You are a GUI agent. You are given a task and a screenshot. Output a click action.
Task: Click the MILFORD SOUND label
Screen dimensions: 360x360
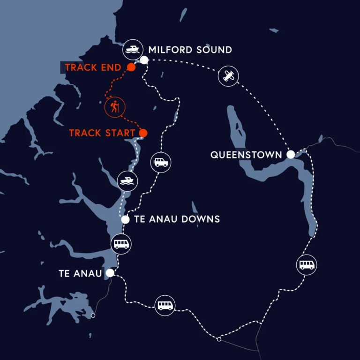point(190,50)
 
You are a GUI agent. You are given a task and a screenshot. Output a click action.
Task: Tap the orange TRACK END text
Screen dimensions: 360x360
point(93,67)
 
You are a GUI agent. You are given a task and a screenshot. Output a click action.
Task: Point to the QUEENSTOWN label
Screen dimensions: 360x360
point(246,155)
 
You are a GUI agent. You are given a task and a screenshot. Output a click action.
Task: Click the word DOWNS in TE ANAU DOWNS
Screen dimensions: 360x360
point(201,219)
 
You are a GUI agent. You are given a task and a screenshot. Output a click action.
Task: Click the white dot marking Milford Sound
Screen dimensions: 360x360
point(144,60)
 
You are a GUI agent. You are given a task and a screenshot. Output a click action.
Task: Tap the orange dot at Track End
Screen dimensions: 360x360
point(132,67)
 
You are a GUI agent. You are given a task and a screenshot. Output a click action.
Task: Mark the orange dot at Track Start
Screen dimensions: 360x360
point(143,133)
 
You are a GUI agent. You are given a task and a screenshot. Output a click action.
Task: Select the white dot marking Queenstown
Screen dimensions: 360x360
point(291,154)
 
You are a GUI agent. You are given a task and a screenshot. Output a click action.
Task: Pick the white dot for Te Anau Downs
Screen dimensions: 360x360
point(125,219)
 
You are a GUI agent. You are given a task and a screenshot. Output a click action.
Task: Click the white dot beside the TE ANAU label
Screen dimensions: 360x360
point(110,272)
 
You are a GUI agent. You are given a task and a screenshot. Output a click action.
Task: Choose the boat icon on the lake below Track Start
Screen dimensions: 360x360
point(127,181)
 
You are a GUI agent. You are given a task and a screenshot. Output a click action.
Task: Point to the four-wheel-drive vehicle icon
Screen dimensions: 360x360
point(161,163)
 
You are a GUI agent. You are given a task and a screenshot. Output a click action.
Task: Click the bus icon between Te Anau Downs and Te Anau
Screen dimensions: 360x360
point(120,244)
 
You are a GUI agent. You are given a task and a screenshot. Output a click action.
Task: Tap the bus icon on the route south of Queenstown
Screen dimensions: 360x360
point(307,265)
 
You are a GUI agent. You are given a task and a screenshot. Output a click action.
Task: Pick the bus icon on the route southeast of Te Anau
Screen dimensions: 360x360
point(165,306)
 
